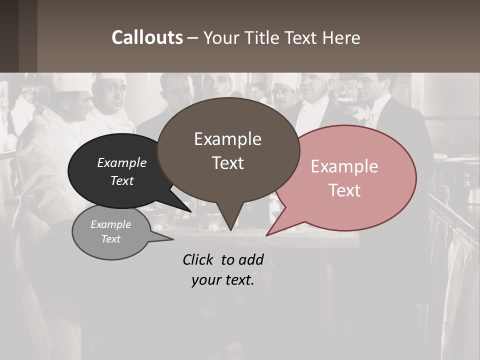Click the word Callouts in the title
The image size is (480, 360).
tap(147, 37)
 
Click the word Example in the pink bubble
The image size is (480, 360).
tap(344, 166)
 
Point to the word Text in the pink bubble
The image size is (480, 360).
tap(344, 190)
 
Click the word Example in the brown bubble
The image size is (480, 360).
tap(227, 139)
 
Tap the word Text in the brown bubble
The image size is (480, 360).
tap(227, 163)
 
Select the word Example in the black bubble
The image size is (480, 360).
tap(121, 163)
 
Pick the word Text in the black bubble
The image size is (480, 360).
tap(121, 181)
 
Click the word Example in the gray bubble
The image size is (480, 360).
tap(110, 224)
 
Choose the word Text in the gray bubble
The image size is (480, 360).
tap(110, 239)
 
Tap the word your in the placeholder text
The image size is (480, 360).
tap(204, 280)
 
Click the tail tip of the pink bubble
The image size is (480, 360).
tap(266, 235)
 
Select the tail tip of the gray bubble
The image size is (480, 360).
tap(173, 239)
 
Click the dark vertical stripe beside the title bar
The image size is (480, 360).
tap(28, 36)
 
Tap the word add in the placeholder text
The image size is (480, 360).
tap(251, 259)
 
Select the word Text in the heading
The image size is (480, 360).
tap(300, 38)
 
